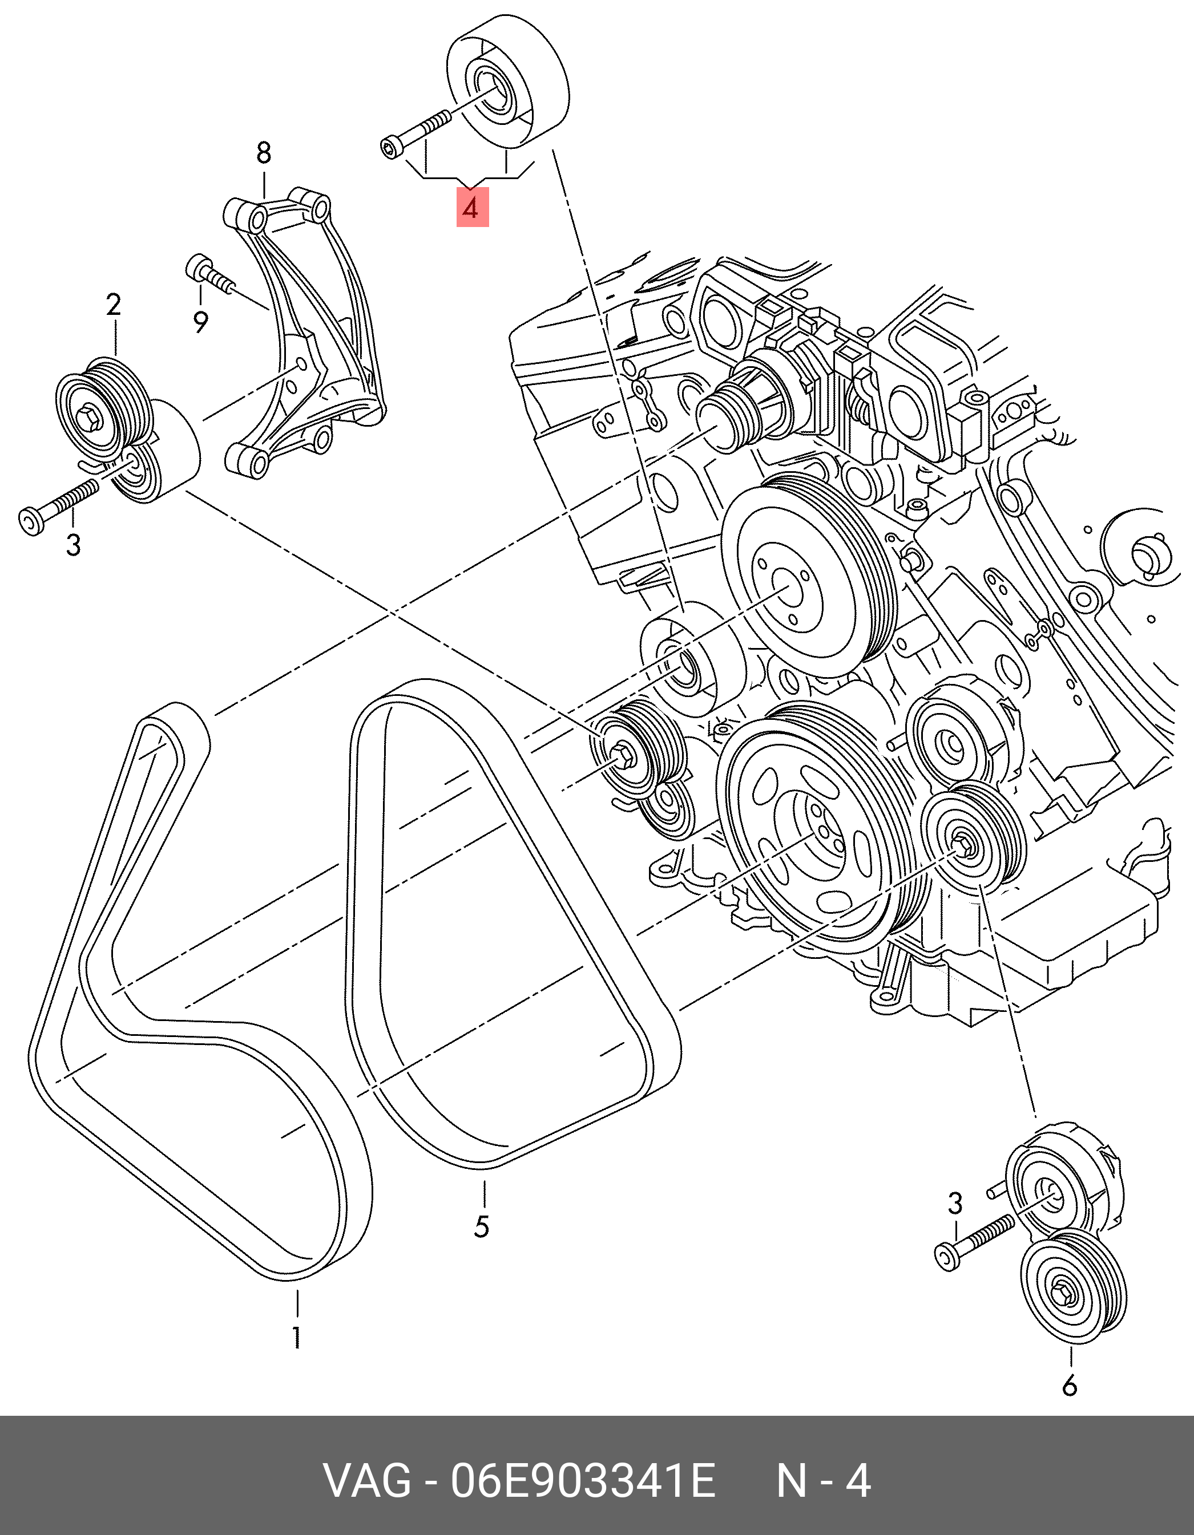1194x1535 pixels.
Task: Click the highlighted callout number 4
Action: (472, 209)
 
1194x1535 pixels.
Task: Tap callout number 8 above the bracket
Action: (263, 152)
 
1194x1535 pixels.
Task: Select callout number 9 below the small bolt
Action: (200, 323)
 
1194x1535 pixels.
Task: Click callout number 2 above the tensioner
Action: (113, 305)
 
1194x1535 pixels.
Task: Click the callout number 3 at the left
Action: (73, 545)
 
